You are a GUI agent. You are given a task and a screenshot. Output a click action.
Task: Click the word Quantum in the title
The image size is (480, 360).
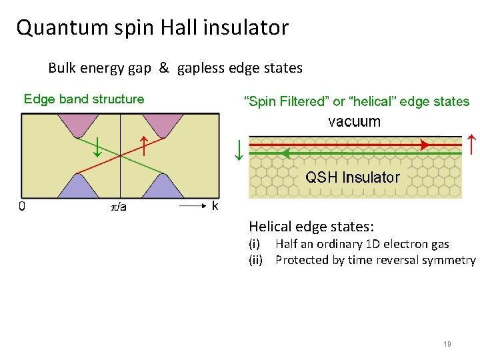(55, 28)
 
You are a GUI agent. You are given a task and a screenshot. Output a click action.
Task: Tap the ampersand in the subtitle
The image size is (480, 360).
(163, 68)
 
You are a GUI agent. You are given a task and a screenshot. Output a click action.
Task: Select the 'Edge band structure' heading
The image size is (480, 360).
(84, 99)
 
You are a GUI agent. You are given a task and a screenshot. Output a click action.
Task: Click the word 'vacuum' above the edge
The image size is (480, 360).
(354, 121)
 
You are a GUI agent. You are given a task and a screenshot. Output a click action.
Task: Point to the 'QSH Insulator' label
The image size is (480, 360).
(352, 177)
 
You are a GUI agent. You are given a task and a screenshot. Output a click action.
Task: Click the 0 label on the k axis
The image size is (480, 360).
(22, 207)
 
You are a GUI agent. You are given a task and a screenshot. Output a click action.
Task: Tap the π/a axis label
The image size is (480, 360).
(119, 207)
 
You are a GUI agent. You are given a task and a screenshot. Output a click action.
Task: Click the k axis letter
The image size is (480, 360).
(215, 206)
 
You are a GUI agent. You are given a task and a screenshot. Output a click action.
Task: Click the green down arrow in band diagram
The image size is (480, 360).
(97, 147)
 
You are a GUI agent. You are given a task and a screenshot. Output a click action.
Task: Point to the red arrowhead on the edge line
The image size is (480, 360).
(424, 144)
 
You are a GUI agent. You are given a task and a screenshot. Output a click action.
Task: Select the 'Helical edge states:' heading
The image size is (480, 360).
(311, 227)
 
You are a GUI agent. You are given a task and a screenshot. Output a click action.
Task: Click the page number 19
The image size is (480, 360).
(447, 344)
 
